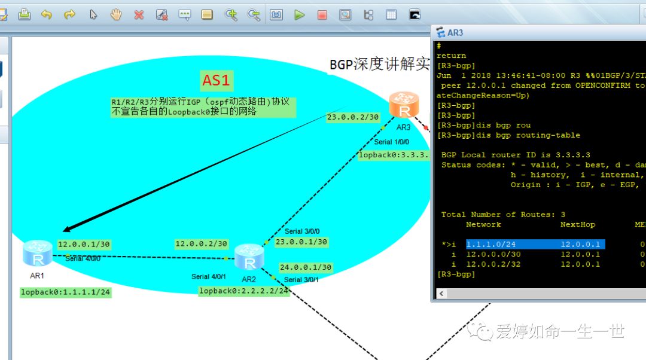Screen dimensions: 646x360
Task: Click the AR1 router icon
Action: coord(38,254)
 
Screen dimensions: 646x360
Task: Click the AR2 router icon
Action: coord(249,258)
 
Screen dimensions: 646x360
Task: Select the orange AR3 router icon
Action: coord(404,105)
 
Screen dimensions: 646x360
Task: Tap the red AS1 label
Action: coord(216,80)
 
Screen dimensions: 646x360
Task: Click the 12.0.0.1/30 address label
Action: coord(84,244)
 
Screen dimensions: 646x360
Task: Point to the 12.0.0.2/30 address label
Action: coord(201,243)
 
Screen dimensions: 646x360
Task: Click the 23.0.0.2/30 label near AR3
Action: coord(353,117)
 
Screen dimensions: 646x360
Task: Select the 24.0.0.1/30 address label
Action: coord(305,267)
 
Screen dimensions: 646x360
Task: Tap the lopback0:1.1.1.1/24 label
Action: coord(66,292)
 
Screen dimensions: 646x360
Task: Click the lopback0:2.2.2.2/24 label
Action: coord(244,291)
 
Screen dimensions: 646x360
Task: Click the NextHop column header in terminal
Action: coord(577,224)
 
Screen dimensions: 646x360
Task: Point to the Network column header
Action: coord(483,224)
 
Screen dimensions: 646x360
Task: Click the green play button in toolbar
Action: coord(299,14)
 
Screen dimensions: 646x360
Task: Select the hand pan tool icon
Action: coord(116,14)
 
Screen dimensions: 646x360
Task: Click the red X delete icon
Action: coord(139,14)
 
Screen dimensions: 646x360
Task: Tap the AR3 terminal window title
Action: coord(455,33)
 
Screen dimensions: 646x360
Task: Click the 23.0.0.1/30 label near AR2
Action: coord(301,242)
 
